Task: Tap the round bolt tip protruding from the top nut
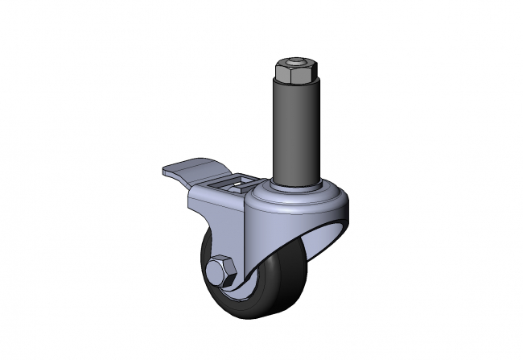pos(294,62)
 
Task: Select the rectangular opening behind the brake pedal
pos(237,186)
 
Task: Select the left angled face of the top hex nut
pos(280,74)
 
